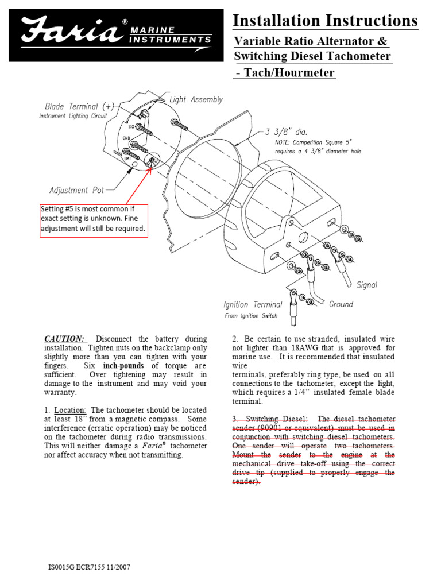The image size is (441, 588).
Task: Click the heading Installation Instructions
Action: click(x=325, y=21)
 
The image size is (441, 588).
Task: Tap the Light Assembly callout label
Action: click(x=196, y=100)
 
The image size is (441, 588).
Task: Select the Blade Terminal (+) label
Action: click(x=79, y=106)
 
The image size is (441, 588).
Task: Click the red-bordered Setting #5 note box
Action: click(x=94, y=220)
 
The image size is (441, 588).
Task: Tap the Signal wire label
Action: click(x=367, y=284)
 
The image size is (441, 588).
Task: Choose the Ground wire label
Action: click(x=341, y=304)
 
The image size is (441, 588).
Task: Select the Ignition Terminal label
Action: click(x=253, y=304)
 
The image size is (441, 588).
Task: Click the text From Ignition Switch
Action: click(x=250, y=316)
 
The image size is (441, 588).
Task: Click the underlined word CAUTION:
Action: click(x=65, y=339)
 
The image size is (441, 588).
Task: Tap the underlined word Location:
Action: click(x=71, y=410)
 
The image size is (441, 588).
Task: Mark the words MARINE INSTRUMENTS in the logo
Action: click(x=170, y=35)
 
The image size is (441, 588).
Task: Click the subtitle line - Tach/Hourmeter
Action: click(x=285, y=73)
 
